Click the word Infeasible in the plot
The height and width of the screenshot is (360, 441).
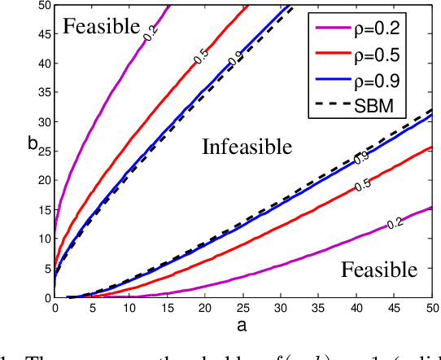pyautogui.click(x=246, y=147)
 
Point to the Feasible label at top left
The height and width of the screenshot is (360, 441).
pyautogui.click(x=102, y=26)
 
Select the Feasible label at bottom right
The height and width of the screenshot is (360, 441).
pyautogui.click(x=379, y=269)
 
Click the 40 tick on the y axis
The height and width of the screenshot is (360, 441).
pyautogui.click(x=44, y=63)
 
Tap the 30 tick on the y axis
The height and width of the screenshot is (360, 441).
pyautogui.click(x=44, y=121)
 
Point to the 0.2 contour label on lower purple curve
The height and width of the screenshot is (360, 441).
pyautogui.click(x=396, y=222)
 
